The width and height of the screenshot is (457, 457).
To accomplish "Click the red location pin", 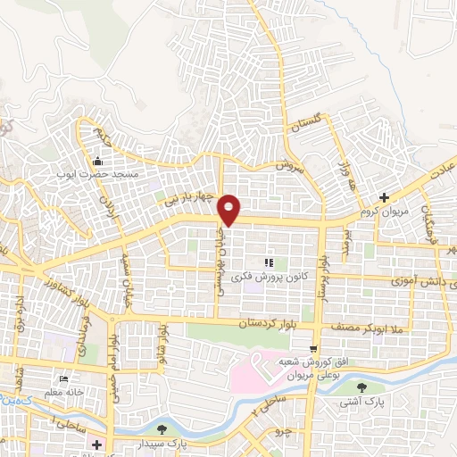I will point(229,209).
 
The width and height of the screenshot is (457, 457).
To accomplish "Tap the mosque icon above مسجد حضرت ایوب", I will point(97,162).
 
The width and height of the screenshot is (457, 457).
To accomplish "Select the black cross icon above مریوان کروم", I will point(384,197).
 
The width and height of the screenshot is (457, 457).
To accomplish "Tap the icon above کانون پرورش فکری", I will point(268,262).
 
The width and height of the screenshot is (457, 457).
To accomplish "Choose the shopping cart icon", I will point(312,349).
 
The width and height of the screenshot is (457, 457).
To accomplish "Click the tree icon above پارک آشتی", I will point(361,387).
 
